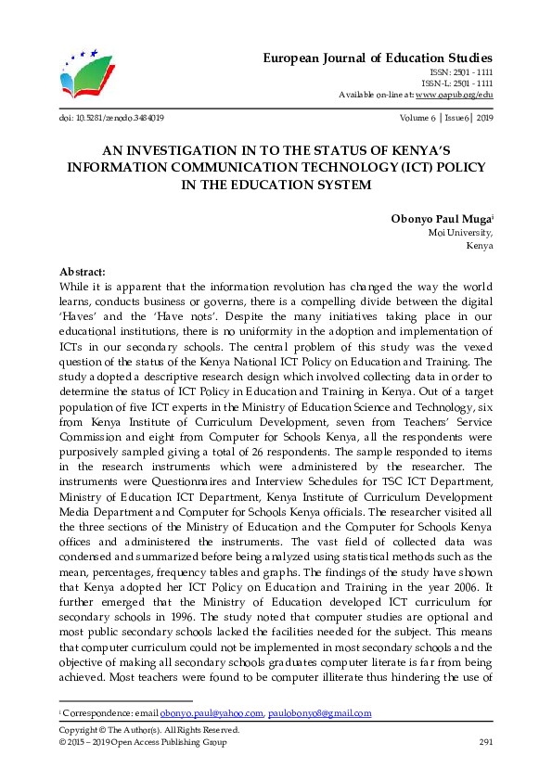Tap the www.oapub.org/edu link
pyautogui.click(x=454, y=95)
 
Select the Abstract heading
pyautogui.click(x=83, y=272)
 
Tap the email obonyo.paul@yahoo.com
pyautogui.click(x=212, y=713)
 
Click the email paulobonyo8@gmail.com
pyautogui.click(x=319, y=713)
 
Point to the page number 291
pyautogui.click(x=484, y=743)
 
